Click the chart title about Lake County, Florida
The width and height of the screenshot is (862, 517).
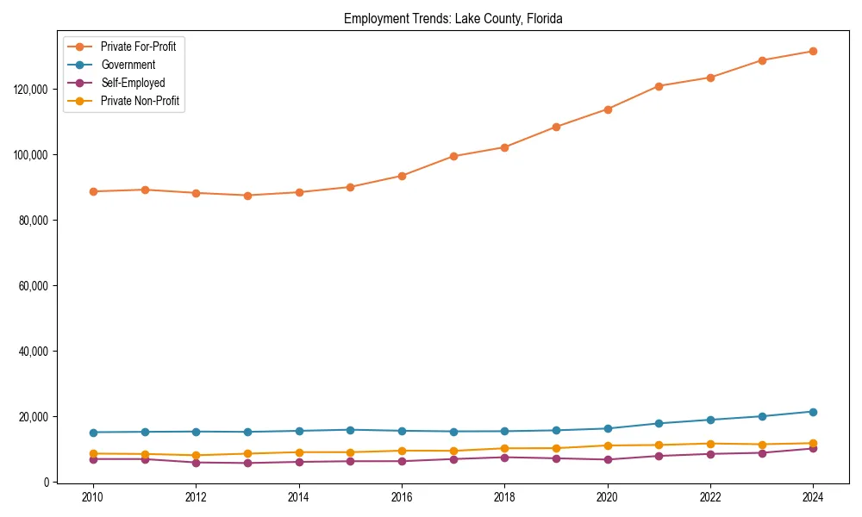(453, 18)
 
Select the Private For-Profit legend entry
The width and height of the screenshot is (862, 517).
(138, 47)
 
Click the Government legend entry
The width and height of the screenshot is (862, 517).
(128, 65)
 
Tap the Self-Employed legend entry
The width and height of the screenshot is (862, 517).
(132, 83)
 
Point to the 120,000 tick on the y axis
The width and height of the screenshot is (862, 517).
(32, 89)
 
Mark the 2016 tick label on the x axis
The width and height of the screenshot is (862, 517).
(402, 497)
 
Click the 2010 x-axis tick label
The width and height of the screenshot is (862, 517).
(93, 497)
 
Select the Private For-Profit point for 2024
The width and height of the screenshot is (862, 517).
(813, 51)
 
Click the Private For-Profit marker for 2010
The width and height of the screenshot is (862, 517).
(93, 191)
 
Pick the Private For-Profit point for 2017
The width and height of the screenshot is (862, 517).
(453, 156)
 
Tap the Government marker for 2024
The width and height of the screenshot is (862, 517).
(813, 411)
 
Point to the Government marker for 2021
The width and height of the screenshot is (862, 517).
(659, 423)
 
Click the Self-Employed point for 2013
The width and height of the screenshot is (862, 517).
(247, 463)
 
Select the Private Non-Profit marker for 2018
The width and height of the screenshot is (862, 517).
(504, 448)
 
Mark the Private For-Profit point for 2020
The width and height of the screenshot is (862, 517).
(608, 109)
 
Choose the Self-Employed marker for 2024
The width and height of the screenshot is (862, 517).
(813, 448)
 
